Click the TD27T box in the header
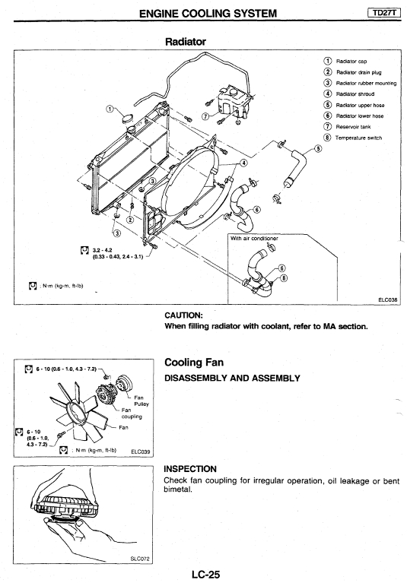[x=384, y=13]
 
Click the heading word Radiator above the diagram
[x=186, y=41]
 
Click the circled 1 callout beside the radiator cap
[x=109, y=109]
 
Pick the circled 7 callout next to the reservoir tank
[x=205, y=116]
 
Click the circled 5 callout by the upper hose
[x=318, y=149]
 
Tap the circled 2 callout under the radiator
[x=130, y=220]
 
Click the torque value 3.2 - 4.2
[x=102, y=250]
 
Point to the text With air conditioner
[x=254, y=239]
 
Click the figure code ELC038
[x=389, y=299]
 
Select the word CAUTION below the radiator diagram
[x=183, y=315]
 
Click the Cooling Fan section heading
[x=194, y=363]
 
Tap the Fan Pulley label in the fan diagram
[x=141, y=401]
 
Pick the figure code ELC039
[x=141, y=452]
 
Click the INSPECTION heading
[x=190, y=469]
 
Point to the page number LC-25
[x=205, y=575]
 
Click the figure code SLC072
[x=140, y=559]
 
